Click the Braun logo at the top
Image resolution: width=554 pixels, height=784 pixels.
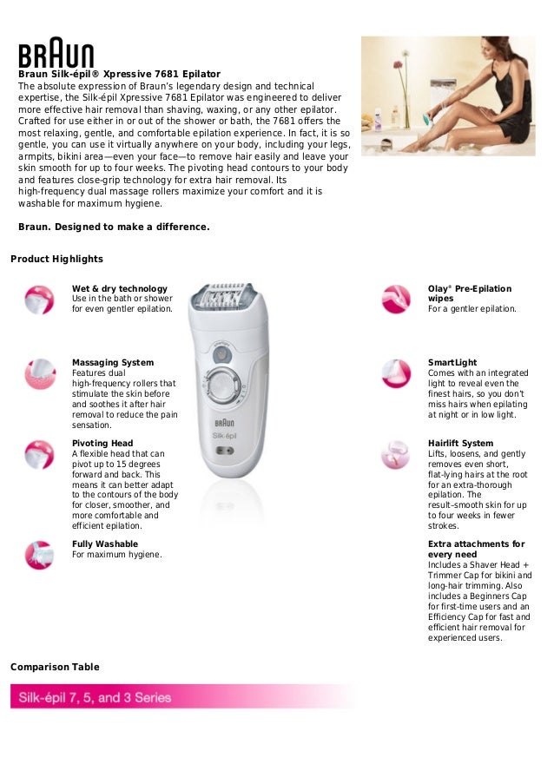tap(56, 55)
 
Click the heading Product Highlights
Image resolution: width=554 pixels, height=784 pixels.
tap(56, 259)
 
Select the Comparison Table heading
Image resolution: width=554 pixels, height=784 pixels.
tap(55, 667)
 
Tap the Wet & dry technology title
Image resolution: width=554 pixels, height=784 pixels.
tap(120, 288)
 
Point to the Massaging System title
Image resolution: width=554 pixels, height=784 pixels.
tap(113, 362)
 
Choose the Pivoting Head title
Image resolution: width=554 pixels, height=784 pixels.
tap(102, 443)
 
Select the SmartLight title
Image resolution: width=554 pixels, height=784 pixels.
tap(452, 362)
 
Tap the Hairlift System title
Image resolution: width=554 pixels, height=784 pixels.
tap(460, 443)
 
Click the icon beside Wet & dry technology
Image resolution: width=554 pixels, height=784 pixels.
tap(39, 300)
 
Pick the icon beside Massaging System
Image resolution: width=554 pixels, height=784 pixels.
tap(39, 374)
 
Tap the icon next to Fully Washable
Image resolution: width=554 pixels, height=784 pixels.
tap(39, 554)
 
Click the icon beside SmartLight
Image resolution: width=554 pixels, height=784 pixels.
tap(396, 374)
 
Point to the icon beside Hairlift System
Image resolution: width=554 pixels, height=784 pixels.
tap(396, 453)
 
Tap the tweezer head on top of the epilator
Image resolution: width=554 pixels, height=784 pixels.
tap(223, 300)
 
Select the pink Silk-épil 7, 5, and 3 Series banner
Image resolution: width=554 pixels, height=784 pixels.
tap(174, 697)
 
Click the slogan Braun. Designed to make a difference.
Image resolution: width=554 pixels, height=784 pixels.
tap(114, 227)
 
